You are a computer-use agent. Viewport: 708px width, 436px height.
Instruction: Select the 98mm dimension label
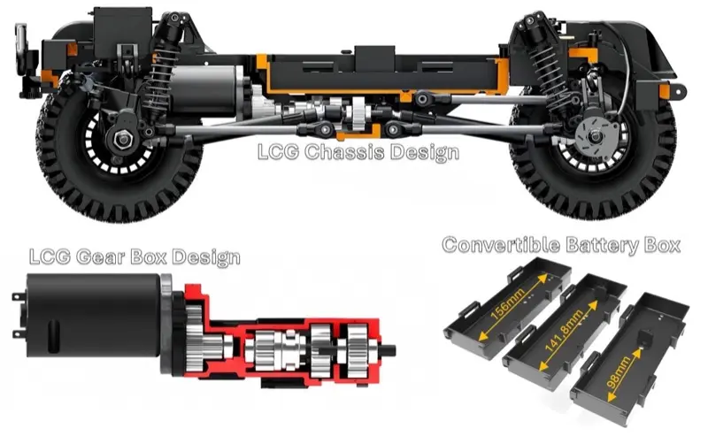[619, 373]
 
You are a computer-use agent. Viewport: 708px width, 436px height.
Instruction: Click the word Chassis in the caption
[344, 152]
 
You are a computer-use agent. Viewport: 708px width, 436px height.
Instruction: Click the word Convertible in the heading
[501, 245]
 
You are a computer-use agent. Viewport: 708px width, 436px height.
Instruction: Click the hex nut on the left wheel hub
[122, 139]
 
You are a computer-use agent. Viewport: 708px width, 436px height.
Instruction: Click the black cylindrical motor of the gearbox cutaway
[93, 315]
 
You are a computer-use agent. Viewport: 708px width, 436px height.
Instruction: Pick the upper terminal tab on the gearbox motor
[18, 296]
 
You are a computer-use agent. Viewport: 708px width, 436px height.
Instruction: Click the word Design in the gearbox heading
[206, 257]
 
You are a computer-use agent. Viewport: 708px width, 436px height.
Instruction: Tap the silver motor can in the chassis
[208, 89]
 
